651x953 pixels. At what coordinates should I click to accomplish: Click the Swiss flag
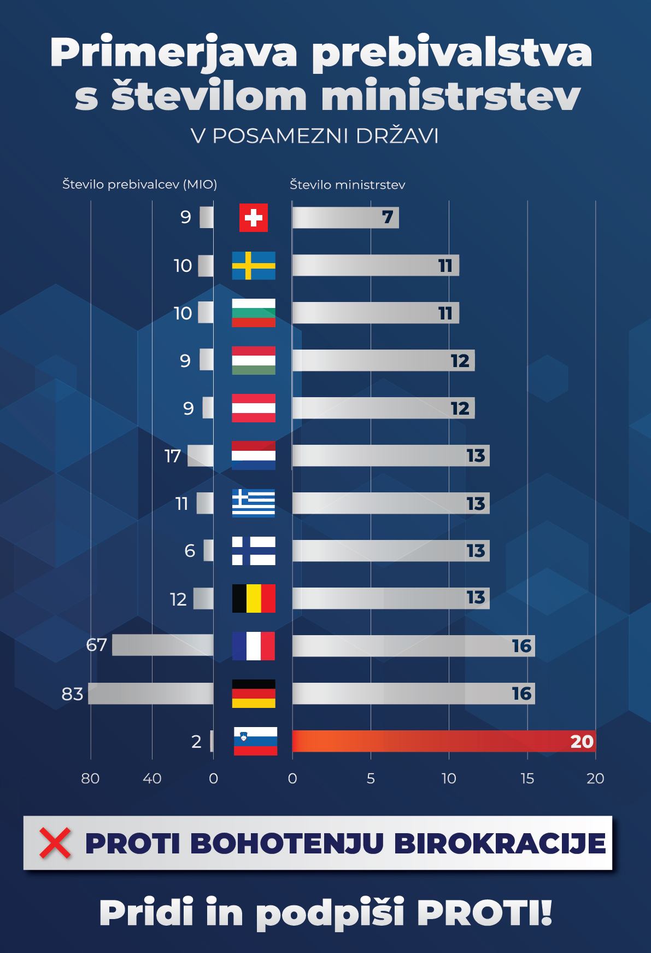point(254,218)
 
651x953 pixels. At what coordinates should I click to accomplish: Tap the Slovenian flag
point(255,741)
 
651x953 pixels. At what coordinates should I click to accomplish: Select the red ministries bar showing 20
point(443,741)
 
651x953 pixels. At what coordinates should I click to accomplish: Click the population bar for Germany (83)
point(151,694)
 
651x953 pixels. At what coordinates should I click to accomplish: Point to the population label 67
point(96,646)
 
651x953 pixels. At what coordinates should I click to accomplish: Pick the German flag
point(254,694)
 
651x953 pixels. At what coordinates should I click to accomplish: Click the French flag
point(254,646)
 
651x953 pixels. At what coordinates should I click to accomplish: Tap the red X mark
point(55,843)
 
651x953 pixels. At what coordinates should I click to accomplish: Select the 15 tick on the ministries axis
point(527,778)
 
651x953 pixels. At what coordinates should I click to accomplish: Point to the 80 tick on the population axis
point(90,778)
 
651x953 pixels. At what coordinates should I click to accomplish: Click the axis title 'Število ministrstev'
point(347,185)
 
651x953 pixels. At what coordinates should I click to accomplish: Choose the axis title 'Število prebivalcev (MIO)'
point(139,185)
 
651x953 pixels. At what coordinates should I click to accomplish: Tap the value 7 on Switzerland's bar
point(388,218)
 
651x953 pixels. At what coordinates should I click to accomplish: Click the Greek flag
point(254,503)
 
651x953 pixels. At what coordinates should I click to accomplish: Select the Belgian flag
point(254,598)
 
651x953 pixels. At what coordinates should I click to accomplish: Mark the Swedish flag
point(254,265)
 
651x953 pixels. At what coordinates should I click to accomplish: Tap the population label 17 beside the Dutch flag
point(173,456)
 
